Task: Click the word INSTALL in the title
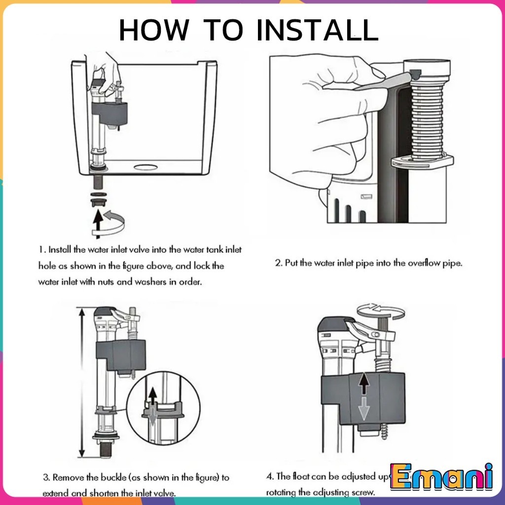click(x=317, y=31)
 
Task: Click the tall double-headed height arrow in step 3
click(x=80, y=382)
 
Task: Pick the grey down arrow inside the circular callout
click(x=153, y=415)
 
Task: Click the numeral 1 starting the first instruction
click(x=41, y=250)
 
